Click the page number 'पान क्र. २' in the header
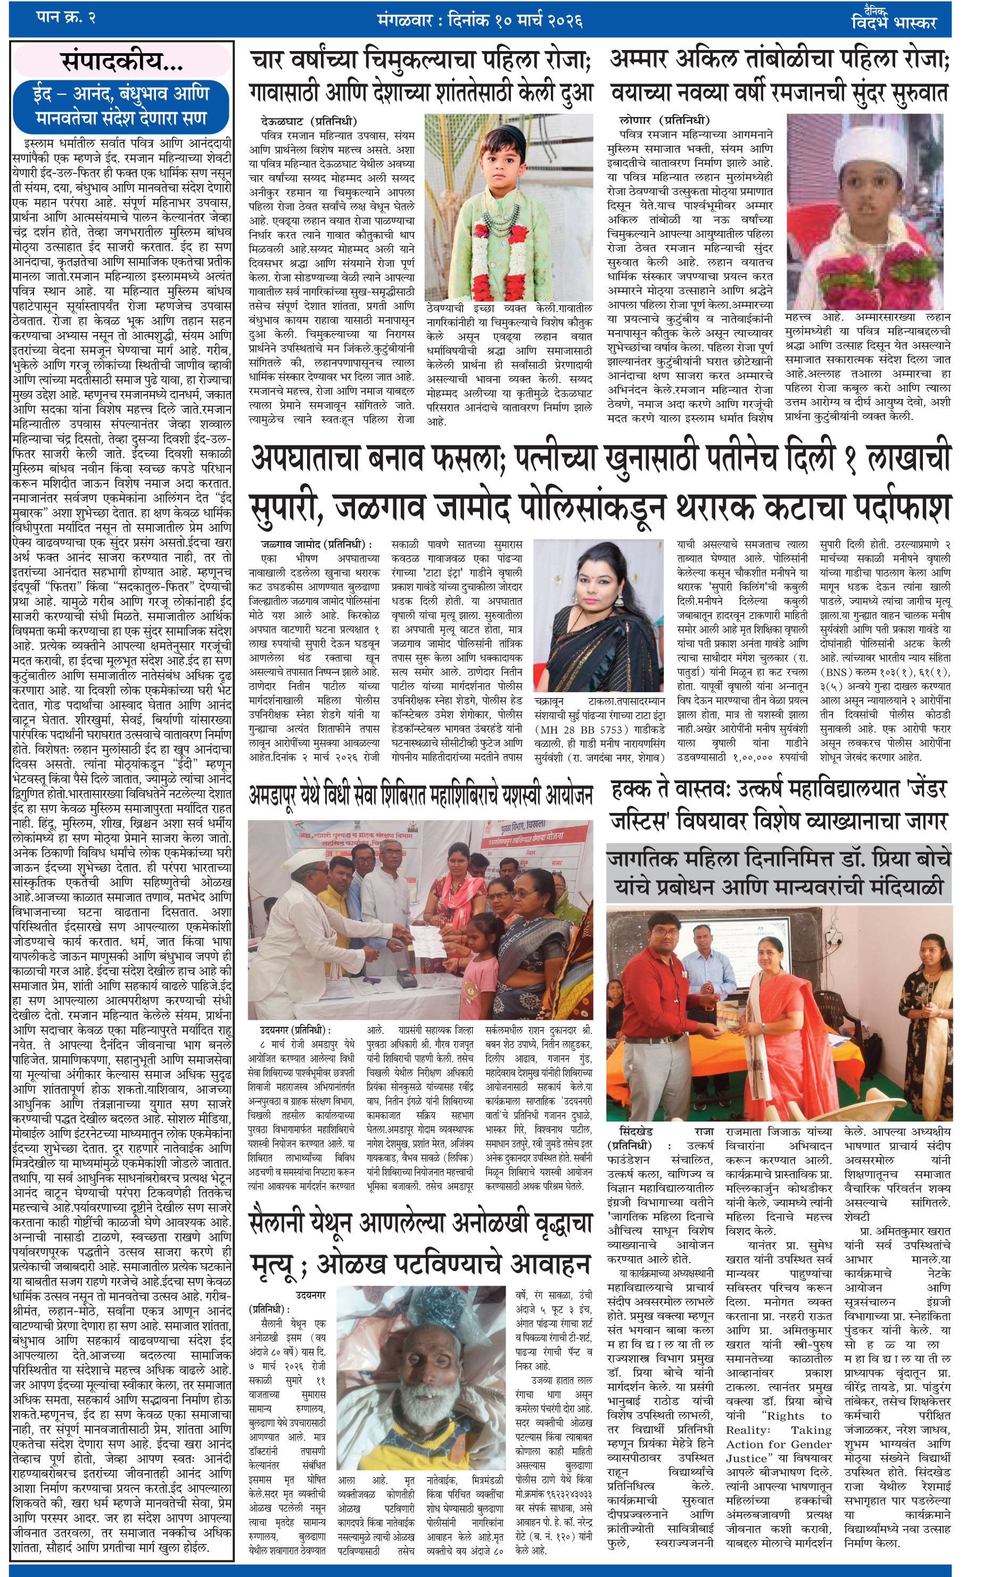click(65, 18)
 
